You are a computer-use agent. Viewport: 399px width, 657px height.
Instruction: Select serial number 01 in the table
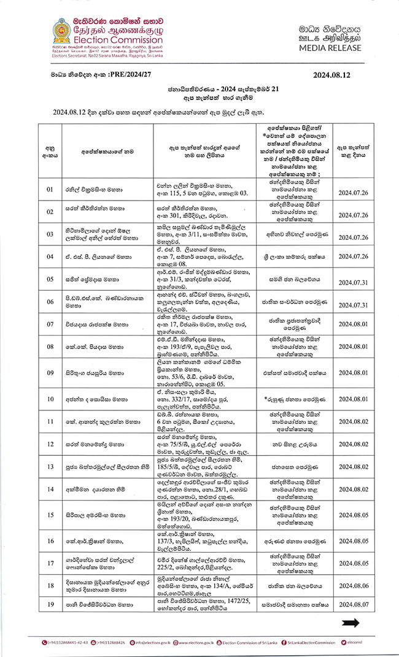point(50,190)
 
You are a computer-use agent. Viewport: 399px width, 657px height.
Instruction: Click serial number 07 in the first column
point(50,323)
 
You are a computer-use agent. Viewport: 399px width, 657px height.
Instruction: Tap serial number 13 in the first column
point(50,466)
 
